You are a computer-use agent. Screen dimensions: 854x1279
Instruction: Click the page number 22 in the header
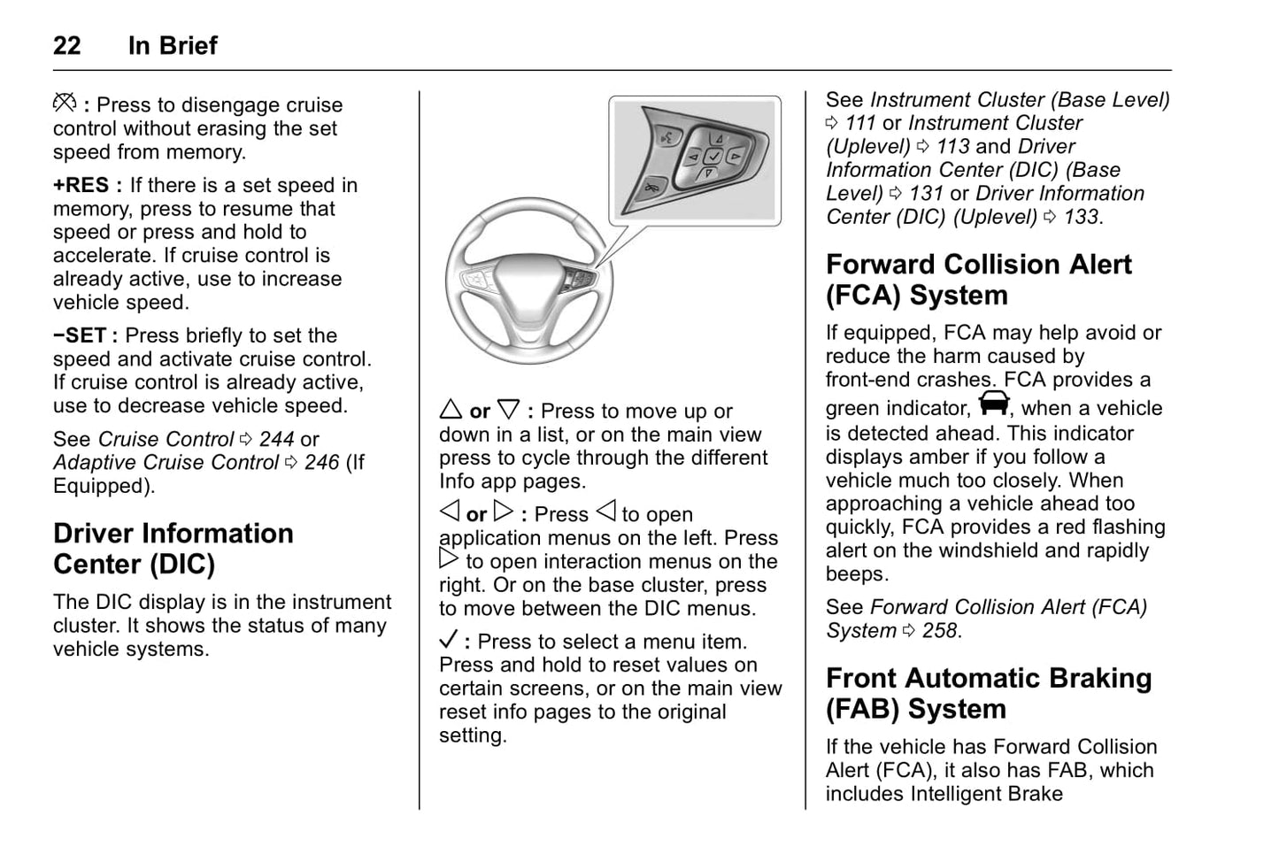[67, 46]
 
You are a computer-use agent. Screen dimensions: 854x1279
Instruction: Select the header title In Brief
[173, 46]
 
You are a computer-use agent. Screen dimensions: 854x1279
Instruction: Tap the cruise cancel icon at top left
[65, 104]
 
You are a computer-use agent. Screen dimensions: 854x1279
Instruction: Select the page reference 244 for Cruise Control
[276, 440]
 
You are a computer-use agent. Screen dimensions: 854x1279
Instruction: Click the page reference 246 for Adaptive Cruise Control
[321, 463]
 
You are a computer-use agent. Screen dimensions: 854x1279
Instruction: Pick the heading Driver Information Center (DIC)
[173, 549]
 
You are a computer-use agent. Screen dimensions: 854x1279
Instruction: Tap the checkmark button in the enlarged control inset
[713, 157]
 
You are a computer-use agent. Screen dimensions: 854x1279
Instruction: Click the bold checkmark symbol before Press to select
[449, 640]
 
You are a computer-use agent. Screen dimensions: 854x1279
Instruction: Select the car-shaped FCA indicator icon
[994, 404]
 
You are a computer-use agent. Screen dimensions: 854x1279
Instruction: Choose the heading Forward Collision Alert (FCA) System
[978, 280]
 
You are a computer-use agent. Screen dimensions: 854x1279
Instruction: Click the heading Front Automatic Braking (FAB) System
[989, 694]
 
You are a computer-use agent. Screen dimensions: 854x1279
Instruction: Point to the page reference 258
[940, 631]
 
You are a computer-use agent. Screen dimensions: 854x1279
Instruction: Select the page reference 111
[859, 124]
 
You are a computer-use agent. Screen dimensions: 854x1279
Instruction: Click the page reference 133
[1081, 218]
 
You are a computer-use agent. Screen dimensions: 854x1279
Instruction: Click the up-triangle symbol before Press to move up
[451, 410]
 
